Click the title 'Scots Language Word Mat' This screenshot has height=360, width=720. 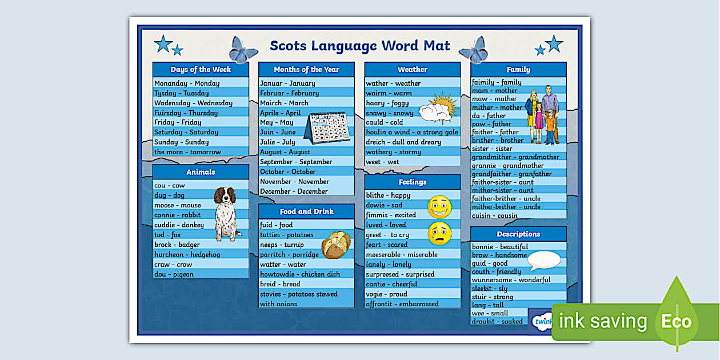tap(359, 46)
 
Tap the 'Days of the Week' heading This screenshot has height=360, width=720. tap(201, 70)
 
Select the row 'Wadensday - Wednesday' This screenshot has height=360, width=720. tap(193, 103)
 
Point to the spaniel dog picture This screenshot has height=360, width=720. tap(225, 213)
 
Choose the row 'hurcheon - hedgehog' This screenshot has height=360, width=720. tap(187, 254)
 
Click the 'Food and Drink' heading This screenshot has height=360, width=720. tap(306, 211)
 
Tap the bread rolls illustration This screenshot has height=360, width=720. tap(336, 245)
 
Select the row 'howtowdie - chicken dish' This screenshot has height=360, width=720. tap(300, 274)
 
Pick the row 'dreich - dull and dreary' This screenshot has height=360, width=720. tap(404, 142)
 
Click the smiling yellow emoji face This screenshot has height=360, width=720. tap(439, 207)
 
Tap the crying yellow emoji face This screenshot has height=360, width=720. tap(439, 233)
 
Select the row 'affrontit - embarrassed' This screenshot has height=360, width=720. tap(402, 304)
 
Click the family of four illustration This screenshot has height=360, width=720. tap(542, 117)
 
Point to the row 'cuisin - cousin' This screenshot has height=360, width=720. tap(495, 215)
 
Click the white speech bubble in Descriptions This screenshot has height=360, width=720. tap(543, 261)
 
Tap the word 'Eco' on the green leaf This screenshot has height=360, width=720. tap(677, 322)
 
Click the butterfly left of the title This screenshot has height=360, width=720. tap(243, 50)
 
